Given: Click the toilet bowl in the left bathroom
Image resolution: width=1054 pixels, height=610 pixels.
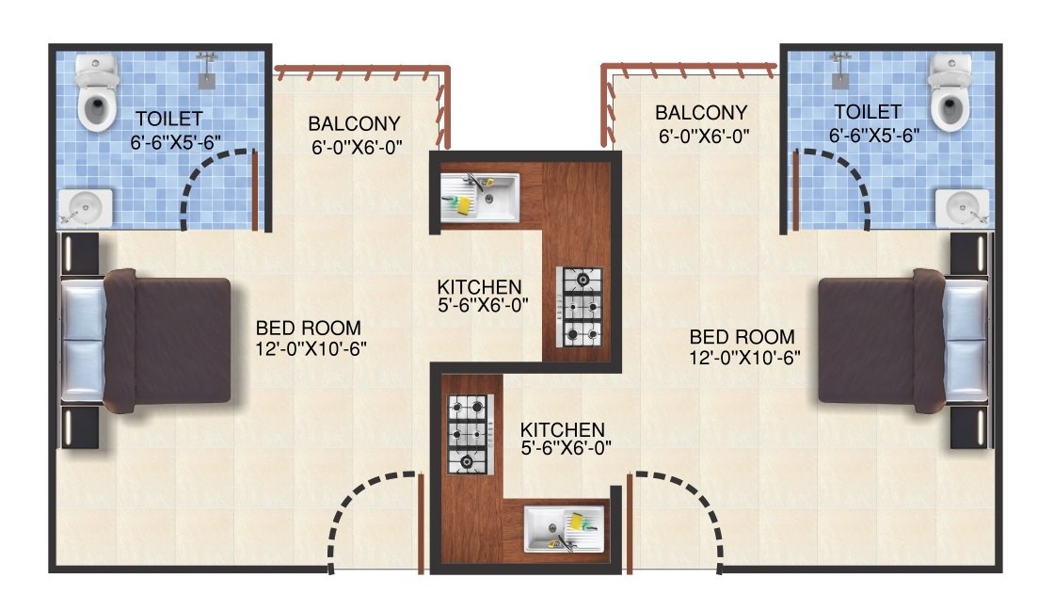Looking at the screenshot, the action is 96,93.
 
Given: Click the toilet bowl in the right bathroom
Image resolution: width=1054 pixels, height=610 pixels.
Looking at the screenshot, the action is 950,93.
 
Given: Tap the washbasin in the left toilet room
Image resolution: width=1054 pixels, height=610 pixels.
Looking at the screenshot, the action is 86,208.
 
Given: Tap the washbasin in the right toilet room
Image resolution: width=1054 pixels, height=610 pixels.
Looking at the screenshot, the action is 963,208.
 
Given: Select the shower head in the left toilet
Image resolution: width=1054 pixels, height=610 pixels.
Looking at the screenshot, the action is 207,71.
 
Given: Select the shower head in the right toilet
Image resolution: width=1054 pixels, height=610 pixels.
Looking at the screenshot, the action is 840,71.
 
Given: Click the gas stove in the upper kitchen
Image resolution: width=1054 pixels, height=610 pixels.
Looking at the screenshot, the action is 580,307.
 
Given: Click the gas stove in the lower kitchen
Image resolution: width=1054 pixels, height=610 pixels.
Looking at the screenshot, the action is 471,434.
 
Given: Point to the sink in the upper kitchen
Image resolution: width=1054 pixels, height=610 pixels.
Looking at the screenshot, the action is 480,198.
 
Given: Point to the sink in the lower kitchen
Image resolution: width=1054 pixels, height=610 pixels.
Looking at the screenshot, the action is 564,530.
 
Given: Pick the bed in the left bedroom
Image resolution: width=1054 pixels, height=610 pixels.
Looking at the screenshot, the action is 147,341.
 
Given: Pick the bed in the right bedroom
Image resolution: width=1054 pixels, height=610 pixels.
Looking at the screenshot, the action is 903,341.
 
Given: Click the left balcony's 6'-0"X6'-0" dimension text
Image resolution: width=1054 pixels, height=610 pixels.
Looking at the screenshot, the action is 357,147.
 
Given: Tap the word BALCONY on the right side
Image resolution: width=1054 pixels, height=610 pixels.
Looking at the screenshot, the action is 701,112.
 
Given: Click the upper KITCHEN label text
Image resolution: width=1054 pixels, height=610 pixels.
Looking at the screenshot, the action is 479,287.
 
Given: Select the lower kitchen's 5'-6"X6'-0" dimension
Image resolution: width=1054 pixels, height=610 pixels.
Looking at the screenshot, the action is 566,447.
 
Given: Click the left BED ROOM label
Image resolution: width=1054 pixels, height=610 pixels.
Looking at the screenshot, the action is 309,328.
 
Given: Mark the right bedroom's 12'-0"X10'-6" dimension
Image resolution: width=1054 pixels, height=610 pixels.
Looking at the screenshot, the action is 744,357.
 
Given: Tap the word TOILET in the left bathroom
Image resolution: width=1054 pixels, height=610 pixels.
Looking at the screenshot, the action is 169,119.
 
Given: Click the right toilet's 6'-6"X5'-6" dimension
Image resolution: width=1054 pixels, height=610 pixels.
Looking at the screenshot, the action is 874,136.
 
